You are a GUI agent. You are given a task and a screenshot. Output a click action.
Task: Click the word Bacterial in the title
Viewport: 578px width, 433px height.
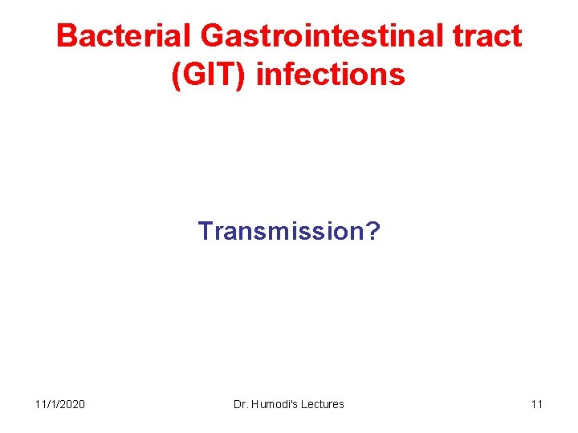point(124,36)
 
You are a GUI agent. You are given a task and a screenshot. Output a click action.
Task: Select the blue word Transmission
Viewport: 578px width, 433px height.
point(283,232)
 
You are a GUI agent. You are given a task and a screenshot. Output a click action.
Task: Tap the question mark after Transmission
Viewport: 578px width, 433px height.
point(374,232)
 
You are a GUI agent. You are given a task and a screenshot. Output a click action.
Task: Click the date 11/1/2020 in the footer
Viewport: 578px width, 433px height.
point(60,404)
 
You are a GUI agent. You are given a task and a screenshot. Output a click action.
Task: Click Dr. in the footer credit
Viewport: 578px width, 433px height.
point(240,404)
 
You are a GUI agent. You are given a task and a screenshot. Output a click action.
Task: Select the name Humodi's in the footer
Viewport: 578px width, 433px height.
point(273,404)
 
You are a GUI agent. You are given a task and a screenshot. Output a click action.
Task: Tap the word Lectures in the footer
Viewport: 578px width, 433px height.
point(322,404)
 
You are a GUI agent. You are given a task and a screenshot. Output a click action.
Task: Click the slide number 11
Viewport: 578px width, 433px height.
point(536,404)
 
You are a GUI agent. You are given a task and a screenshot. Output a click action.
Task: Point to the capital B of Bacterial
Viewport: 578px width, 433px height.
point(67,36)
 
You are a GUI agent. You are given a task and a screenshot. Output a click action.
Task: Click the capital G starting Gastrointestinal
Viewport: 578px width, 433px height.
point(213,36)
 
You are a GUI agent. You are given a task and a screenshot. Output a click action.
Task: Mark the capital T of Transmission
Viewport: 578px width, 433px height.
point(205,232)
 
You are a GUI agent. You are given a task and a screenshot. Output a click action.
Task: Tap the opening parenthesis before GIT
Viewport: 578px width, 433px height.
point(176,75)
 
